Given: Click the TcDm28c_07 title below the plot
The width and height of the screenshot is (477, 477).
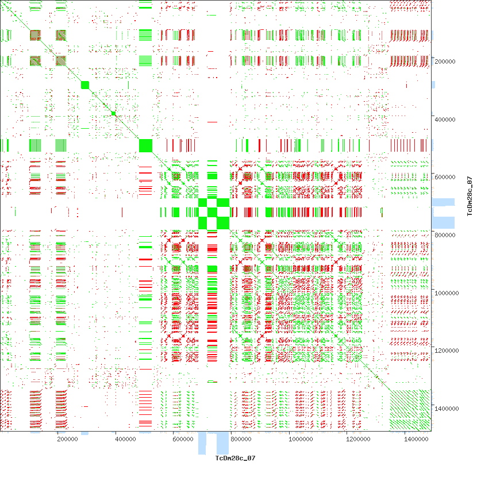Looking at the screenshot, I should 234,458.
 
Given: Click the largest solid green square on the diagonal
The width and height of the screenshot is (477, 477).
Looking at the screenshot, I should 146,145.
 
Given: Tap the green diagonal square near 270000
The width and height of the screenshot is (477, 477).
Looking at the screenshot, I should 85,85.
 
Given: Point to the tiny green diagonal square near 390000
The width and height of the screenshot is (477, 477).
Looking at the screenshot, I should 114,114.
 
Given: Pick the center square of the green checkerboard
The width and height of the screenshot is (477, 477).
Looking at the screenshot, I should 213,213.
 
